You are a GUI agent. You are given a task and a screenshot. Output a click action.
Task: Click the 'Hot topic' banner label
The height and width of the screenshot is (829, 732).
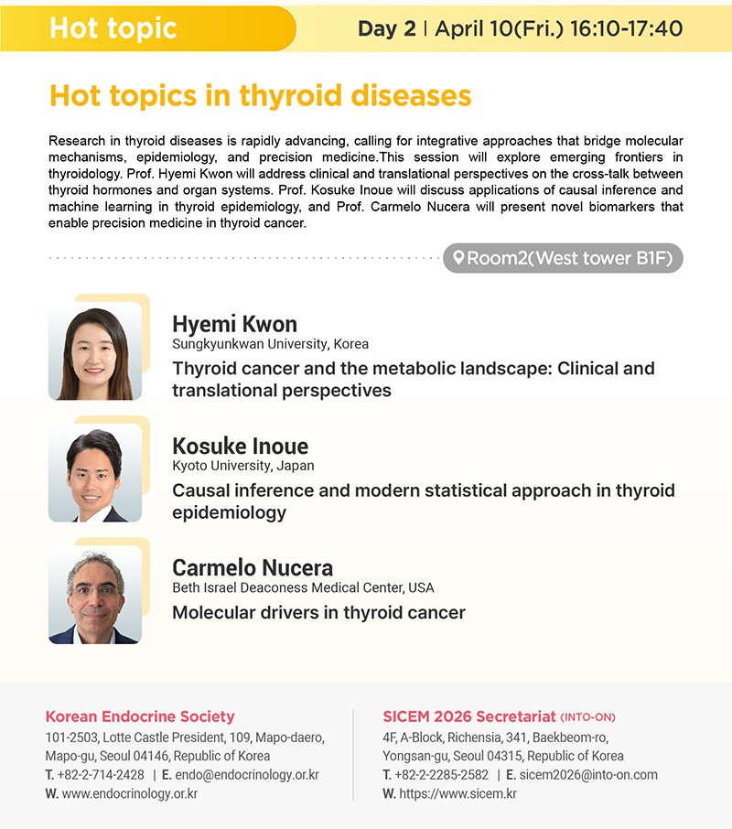(113, 28)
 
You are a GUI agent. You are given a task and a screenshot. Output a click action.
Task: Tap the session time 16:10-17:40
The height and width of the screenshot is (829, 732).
(626, 28)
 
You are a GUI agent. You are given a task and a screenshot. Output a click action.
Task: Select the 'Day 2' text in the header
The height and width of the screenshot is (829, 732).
(387, 28)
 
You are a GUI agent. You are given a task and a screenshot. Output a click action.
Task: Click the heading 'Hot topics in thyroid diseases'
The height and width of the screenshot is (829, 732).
(260, 96)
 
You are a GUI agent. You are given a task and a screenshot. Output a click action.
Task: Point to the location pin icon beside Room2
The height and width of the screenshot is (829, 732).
(458, 257)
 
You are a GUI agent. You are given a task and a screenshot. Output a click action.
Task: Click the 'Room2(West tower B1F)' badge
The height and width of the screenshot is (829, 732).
(563, 258)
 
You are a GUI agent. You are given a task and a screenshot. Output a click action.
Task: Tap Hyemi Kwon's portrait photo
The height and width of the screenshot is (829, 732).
(94, 351)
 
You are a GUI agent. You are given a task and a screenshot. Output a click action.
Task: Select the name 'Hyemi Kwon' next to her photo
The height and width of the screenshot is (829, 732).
(234, 324)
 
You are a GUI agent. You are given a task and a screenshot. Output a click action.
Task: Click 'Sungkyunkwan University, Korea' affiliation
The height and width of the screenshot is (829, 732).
(270, 344)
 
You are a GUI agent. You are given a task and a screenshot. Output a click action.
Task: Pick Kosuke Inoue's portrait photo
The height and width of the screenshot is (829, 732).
(94, 473)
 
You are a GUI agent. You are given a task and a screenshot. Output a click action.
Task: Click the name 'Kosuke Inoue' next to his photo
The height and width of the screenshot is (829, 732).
(240, 446)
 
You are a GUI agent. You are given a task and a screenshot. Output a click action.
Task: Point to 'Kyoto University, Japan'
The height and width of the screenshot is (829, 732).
(243, 466)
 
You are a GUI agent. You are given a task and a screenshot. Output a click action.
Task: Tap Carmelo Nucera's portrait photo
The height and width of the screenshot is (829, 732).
(94, 595)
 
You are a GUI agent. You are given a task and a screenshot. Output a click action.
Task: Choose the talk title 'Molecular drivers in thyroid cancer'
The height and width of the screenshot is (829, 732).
(318, 612)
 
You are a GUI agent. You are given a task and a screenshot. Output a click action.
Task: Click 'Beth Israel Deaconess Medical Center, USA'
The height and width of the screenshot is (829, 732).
(303, 587)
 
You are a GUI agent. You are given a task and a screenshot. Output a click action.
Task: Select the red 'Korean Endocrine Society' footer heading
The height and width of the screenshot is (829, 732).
(140, 716)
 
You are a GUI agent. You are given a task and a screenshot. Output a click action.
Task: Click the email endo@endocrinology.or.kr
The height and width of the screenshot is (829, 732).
(247, 775)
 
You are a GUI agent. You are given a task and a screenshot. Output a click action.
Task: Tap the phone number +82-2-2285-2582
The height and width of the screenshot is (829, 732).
(441, 775)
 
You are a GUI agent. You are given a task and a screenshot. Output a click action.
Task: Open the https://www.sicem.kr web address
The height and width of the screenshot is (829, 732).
(457, 793)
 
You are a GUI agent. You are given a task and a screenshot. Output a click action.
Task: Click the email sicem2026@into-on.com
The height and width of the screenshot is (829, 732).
(588, 775)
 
